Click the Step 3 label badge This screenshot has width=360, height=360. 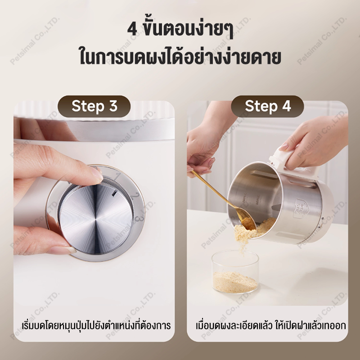(94, 106)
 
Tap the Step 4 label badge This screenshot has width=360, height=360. (267, 106)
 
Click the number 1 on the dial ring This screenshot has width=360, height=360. (118, 176)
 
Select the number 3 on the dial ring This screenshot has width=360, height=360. (139, 218)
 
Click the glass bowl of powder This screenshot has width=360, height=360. (235, 272)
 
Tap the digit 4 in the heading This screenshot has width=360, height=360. (132, 30)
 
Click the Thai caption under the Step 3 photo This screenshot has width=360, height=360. (96, 325)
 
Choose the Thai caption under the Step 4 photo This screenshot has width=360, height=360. (271, 325)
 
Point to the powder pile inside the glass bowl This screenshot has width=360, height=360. (235, 282)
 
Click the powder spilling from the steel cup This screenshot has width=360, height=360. (250, 232)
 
